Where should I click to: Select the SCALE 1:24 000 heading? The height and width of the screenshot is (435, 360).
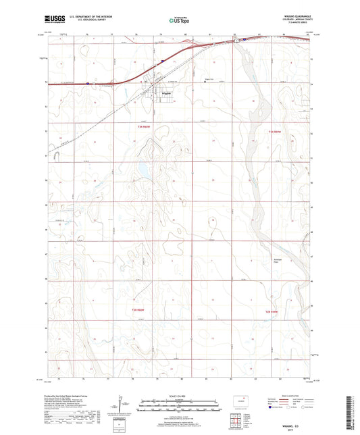click(x=179, y=396)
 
